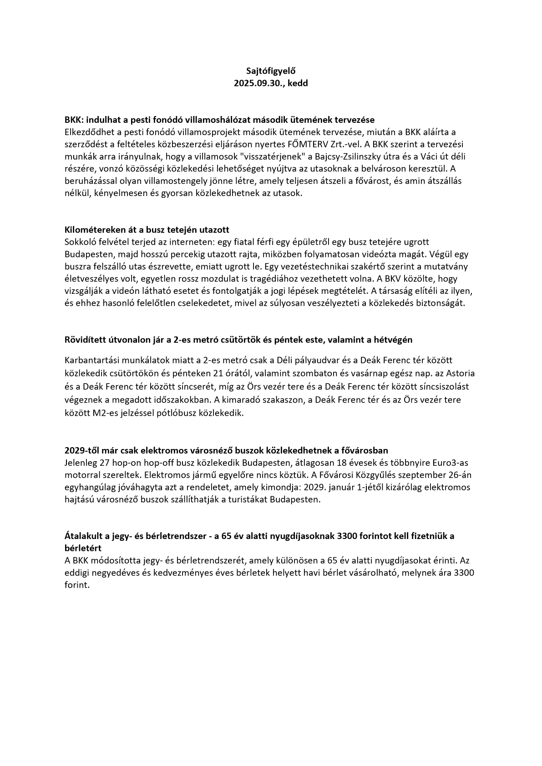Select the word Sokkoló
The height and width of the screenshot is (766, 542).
[81, 242]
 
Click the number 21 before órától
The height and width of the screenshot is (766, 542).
[218, 373]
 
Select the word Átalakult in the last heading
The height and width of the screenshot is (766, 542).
[83, 536]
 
